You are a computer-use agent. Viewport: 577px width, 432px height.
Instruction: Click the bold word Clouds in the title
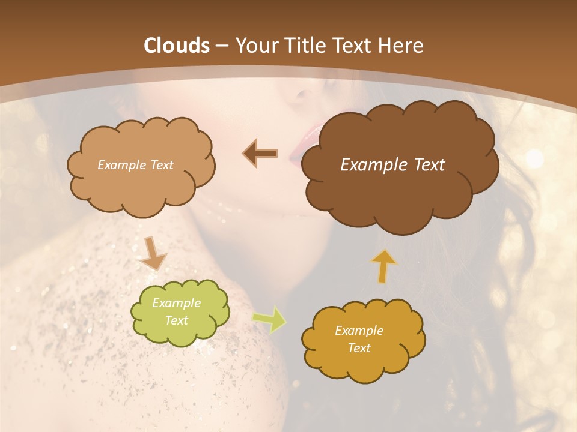point(177,46)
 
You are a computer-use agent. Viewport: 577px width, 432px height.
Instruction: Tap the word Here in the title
point(401,46)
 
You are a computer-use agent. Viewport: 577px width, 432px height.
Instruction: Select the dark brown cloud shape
point(399,180)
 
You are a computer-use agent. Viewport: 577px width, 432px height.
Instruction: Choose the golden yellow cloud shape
point(363,360)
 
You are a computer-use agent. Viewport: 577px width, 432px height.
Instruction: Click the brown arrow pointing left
point(260,154)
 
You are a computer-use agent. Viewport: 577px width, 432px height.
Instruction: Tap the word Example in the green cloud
point(176,303)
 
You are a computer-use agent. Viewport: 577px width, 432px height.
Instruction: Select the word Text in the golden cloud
point(359,348)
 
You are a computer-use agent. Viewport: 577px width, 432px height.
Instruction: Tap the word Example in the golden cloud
point(359,331)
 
